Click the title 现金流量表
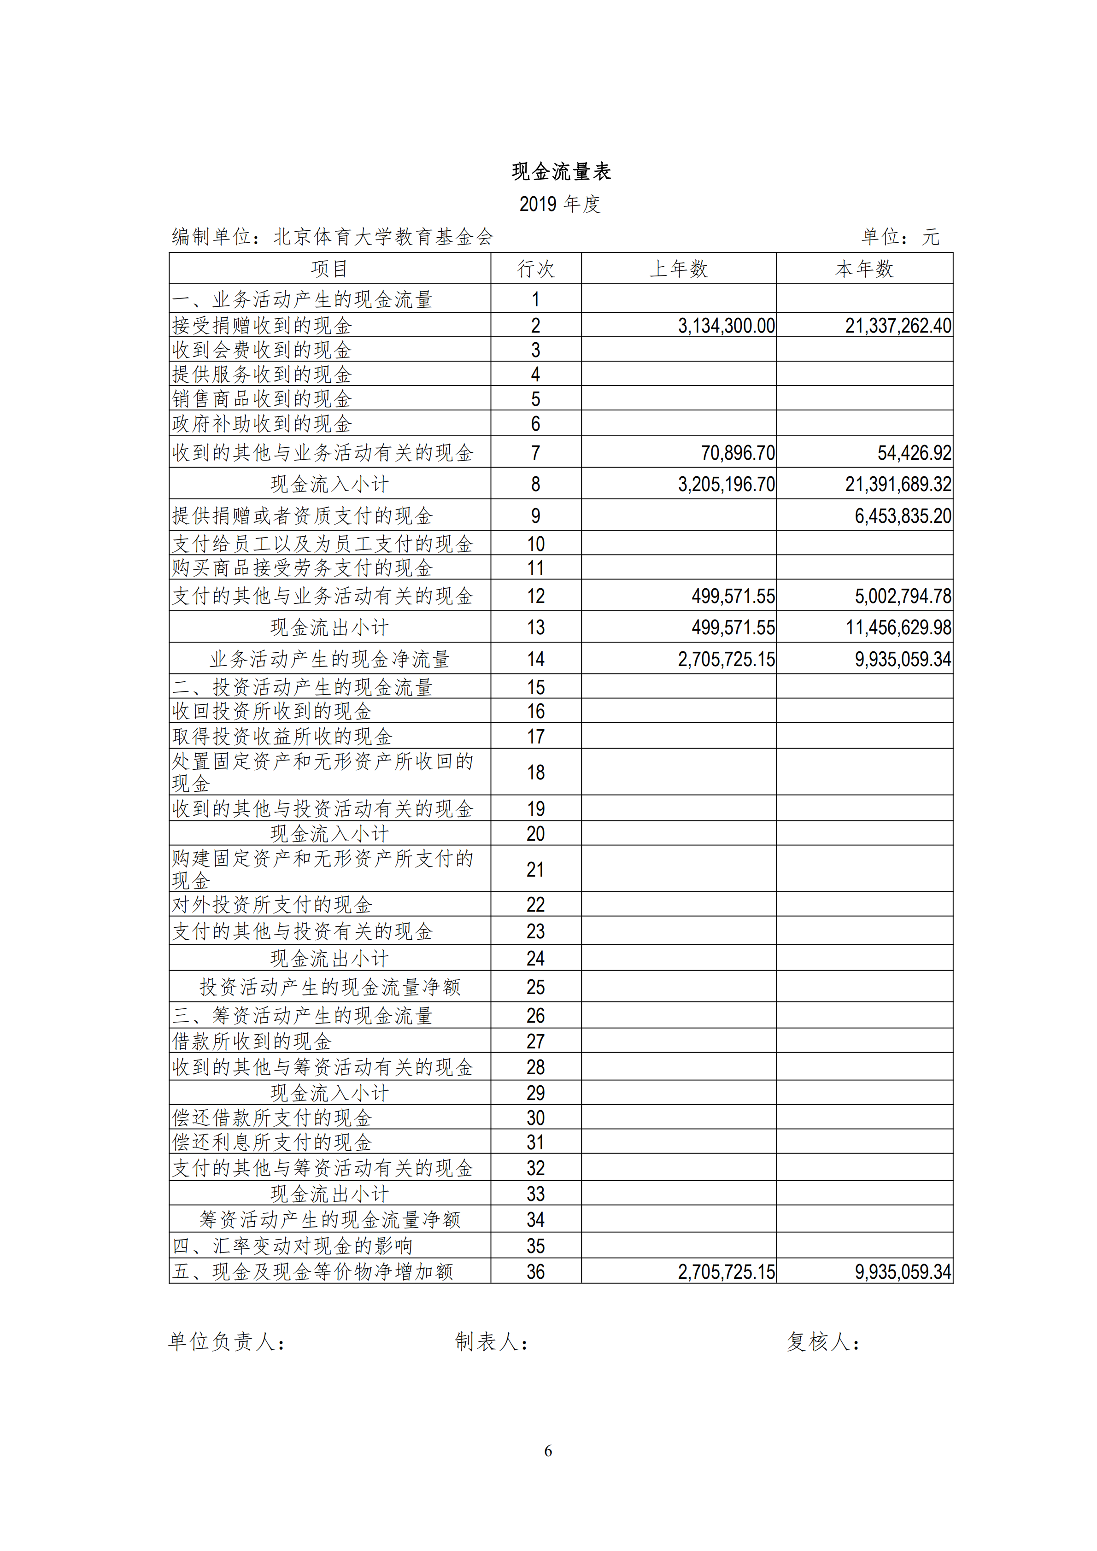click(x=561, y=171)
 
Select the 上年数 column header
click(x=678, y=269)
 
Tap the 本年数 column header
click(x=864, y=269)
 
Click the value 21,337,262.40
click(x=898, y=326)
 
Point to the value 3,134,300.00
click(x=726, y=326)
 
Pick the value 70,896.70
click(x=738, y=453)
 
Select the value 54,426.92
click(x=914, y=453)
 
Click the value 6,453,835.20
click(x=903, y=516)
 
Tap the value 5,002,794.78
click(x=903, y=596)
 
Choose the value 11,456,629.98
click(x=898, y=627)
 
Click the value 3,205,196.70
click(x=726, y=484)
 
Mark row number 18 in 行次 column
click(x=536, y=772)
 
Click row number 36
click(x=536, y=1272)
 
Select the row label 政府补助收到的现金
click(x=262, y=423)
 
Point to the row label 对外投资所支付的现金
click(x=272, y=905)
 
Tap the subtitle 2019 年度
click(x=559, y=204)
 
